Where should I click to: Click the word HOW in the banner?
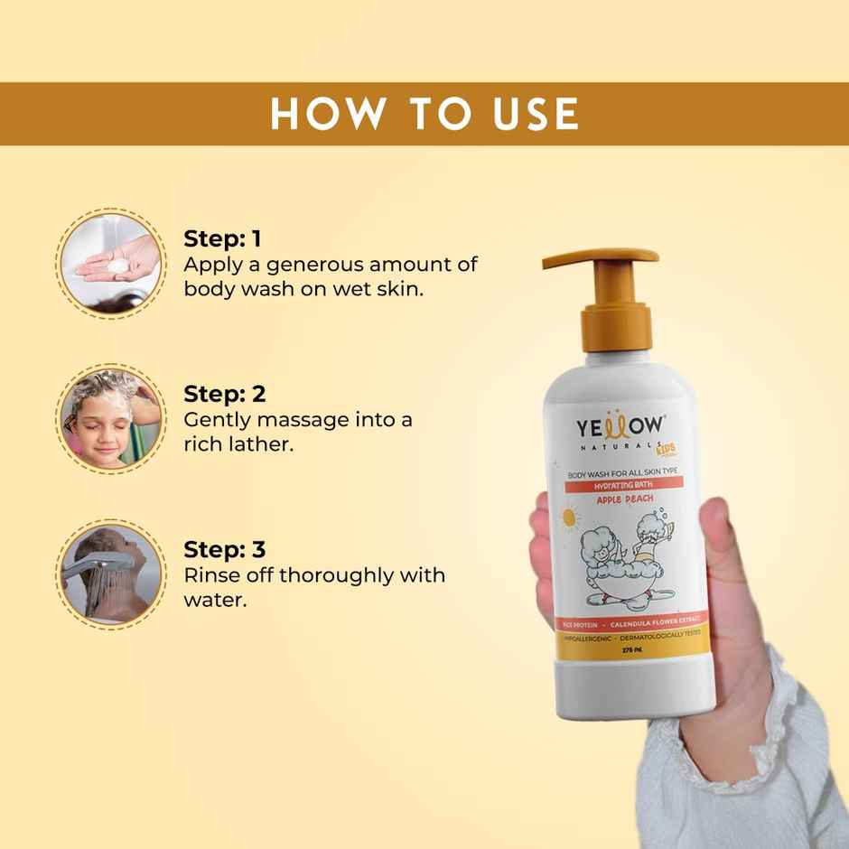[x=320, y=114]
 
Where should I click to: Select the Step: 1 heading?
[x=222, y=238]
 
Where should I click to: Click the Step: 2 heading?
[x=224, y=394]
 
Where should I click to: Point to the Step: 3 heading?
[x=224, y=549]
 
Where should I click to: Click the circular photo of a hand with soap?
[x=111, y=261]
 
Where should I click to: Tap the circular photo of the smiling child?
[x=111, y=417]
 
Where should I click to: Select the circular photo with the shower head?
[x=111, y=573]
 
